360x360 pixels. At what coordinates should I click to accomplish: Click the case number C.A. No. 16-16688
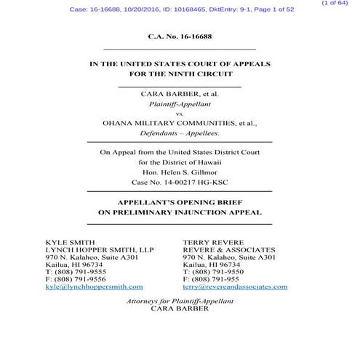tap(179, 35)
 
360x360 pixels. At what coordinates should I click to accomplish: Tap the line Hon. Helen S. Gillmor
tap(179, 172)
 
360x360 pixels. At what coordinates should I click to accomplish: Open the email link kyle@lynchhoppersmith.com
tap(94, 287)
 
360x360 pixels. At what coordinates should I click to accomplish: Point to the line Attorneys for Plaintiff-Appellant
tap(179, 300)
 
